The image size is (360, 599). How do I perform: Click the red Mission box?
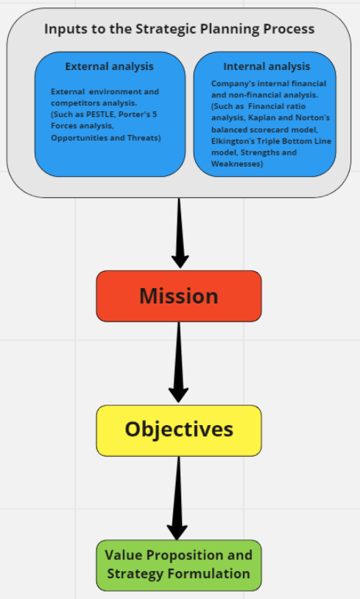click(x=179, y=296)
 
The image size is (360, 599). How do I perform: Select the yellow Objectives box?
click(x=179, y=430)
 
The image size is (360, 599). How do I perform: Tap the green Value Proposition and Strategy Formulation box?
click(x=179, y=564)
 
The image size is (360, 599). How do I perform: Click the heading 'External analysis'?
click(x=110, y=66)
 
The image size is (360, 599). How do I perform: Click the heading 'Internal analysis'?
click(x=267, y=66)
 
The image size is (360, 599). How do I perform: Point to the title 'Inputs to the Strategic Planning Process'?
click(x=179, y=29)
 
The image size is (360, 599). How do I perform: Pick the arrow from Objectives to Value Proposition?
click(x=177, y=497)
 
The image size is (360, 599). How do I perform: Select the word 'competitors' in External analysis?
click(x=73, y=103)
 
